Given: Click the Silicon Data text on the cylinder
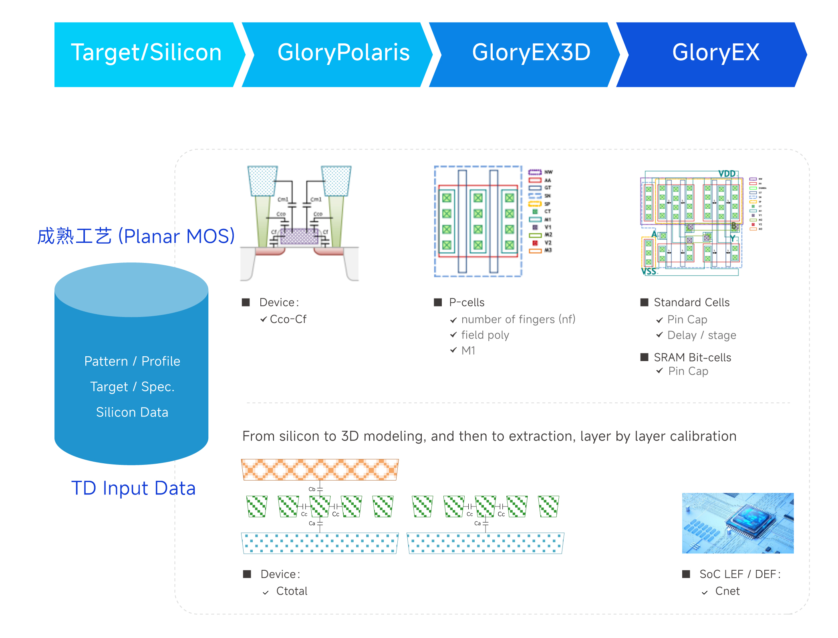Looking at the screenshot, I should click(x=132, y=412).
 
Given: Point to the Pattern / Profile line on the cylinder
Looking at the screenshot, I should click(x=132, y=361).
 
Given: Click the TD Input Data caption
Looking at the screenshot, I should click(x=133, y=488).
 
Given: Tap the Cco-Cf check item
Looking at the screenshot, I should click(x=288, y=319).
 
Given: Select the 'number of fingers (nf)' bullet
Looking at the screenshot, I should click(x=518, y=319).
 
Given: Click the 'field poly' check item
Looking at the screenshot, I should click(x=485, y=335).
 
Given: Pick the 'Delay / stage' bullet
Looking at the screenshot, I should click(x=701, y=335).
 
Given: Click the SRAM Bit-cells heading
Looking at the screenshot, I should click(x=692, y=357).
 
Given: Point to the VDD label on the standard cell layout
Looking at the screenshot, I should click(x=727, y=174).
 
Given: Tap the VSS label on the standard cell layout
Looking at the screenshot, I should click(x=649, y=271).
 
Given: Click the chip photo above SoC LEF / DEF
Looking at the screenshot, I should click(x=737, y=523).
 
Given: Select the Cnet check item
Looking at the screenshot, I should click(x=727, y=592).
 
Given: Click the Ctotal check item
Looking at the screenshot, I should click(x=292, y=592).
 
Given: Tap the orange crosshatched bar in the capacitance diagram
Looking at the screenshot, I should click(x=320, y=470).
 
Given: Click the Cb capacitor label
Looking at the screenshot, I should click(x=312, y=489).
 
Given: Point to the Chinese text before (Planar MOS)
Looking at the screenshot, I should click(x=75, y=236).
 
